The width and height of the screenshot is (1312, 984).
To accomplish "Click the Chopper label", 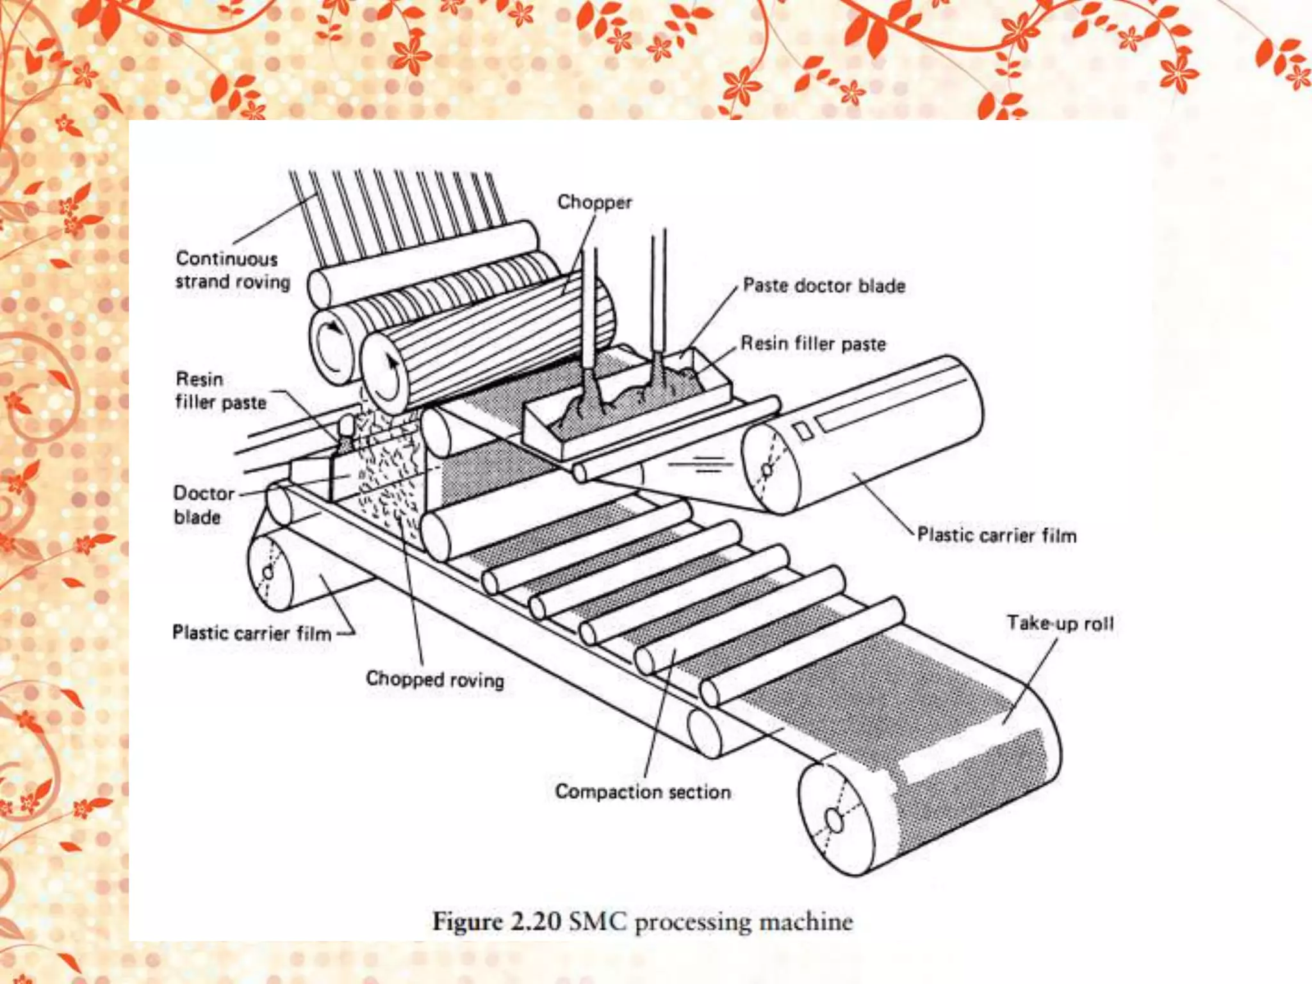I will click(594, 202).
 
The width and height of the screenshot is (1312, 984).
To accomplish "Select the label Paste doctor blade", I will click(824, 286).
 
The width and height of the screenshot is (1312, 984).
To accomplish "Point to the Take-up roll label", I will click(1060, 623).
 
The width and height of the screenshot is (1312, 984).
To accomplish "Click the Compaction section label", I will click(643, 792).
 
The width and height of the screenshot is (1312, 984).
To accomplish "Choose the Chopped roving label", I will click(435, 678).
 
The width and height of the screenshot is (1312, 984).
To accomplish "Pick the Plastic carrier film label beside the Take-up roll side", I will click(997, 535).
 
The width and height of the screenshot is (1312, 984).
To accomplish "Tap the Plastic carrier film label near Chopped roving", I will click(252, 633).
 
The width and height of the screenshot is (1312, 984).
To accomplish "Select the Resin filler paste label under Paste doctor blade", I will click(813, 343).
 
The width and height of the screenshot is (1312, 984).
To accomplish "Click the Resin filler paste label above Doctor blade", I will click(220, 390).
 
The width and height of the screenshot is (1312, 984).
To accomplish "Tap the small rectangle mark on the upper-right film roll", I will click(805, 430).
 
